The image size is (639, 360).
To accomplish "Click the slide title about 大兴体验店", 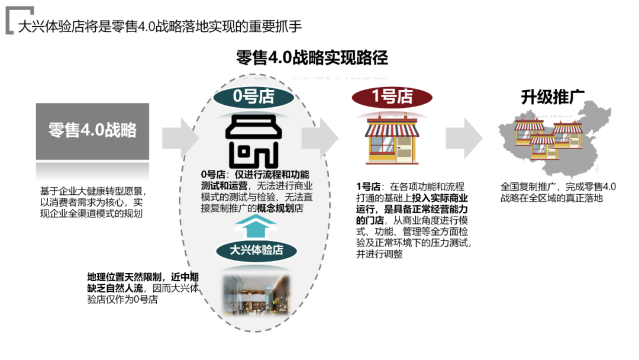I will (160, 27).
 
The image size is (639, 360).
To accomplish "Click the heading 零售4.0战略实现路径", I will (312, 58).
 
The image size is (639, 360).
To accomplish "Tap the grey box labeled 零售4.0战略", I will (92, 131).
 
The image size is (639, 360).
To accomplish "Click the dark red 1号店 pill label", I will (391, 97).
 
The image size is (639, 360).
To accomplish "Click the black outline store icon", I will (253, 140).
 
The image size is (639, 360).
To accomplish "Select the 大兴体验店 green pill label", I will (256, 250).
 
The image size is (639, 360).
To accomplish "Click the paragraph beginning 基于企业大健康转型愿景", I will (92, 202).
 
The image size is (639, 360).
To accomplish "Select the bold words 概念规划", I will (276, 208).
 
